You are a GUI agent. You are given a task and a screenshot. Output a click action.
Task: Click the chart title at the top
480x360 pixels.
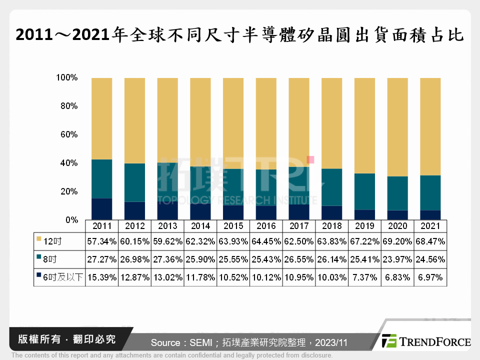tap(240, 35)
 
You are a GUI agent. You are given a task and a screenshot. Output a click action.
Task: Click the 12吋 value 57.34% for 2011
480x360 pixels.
tap(102, 241)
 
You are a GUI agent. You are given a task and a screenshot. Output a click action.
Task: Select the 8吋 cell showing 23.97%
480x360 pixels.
tap(397, 259)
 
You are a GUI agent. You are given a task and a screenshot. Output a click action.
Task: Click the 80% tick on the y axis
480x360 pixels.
tap(67, 106)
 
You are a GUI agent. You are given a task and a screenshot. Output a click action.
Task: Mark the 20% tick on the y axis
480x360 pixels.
tap(67, 191)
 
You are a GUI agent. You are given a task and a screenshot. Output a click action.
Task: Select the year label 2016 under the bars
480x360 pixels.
tap(266, 226)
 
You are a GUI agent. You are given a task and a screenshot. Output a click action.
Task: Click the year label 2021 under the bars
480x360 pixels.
tap(430, 226)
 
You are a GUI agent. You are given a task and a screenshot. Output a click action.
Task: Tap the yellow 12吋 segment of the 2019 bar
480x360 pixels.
tap(364, 125)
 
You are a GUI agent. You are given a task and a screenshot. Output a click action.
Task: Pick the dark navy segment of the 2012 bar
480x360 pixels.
tap(134, 210)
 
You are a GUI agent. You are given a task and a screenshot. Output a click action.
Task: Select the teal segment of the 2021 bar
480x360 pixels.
tap(430, 192)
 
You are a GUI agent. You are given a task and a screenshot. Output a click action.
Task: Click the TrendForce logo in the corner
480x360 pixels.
tap(425, 341)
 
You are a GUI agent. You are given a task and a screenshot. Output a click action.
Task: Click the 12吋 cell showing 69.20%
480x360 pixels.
tap(397, 241)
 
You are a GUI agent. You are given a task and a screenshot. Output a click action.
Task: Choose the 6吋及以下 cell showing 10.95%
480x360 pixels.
tap(299, 277)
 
